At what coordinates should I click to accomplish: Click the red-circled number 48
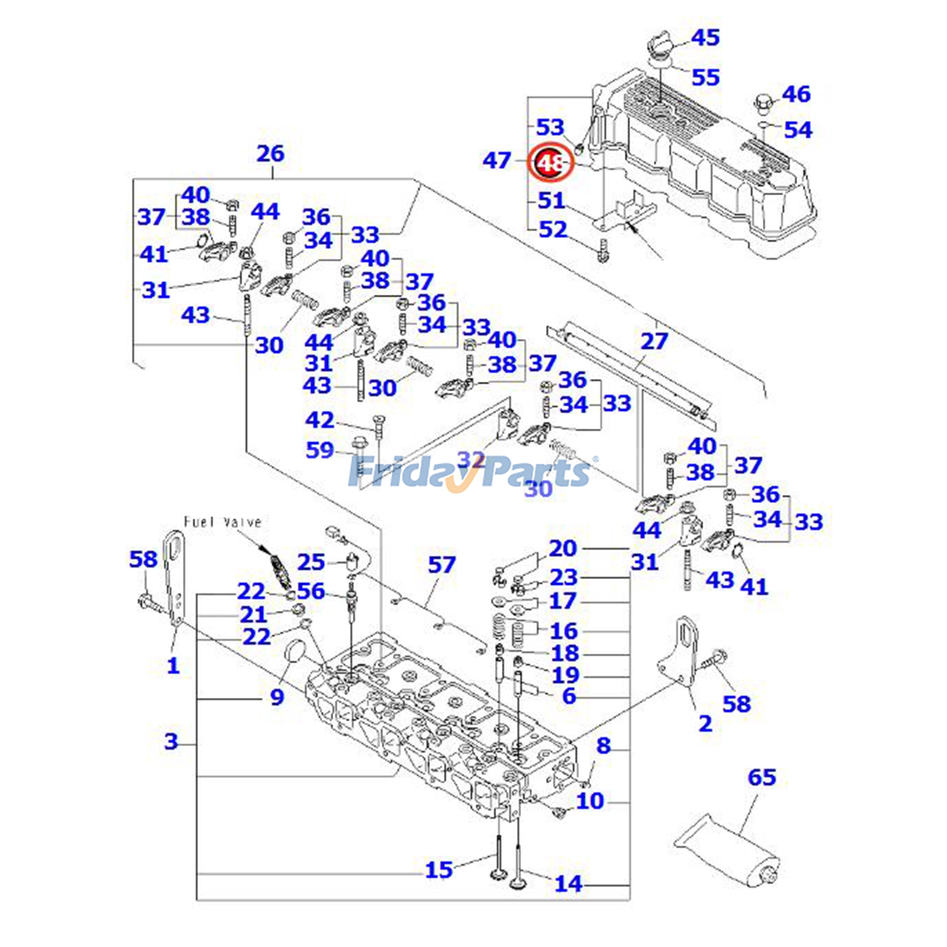551,162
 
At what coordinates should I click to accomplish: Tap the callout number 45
705,38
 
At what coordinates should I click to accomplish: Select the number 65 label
761,777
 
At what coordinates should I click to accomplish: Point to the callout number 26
270,154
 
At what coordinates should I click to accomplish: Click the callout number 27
654,342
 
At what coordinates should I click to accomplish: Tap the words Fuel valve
223,522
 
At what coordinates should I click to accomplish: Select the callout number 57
442,565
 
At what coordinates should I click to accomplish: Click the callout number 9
277,697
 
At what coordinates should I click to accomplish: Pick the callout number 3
171,741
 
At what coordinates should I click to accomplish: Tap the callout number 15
439,870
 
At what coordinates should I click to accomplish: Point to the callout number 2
705,723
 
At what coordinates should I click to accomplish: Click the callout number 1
173,666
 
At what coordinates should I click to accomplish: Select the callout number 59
320,450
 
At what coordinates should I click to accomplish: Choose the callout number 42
320,420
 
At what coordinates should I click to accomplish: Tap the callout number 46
796,94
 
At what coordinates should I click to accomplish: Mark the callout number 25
311,562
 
